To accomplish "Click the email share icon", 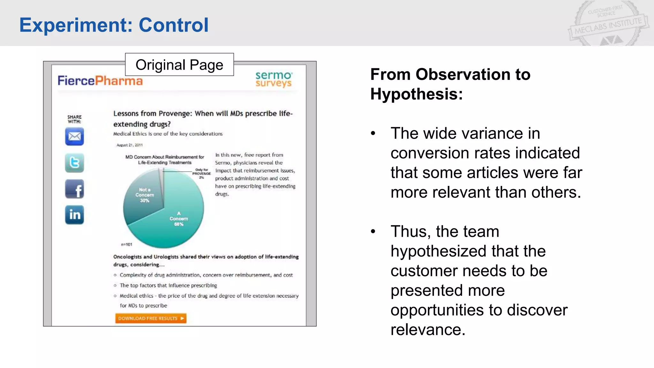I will pyautogui.click(x=74, y=136).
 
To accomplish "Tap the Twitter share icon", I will pyautogui.click(x=74, y=163).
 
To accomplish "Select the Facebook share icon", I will pyautogui.click(x=74, y=189).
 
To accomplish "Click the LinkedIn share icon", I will pyautogui.click(x=74, y=215).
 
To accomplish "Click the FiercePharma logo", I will pyautogui.click(x=100, y=80).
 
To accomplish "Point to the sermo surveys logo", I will pyautogui.click(x=273, y=79).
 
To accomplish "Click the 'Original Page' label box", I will pyautogui.click(x=179, y=65).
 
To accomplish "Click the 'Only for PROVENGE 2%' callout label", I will pyautogui.click(x=202, y=173).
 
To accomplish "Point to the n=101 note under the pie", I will pyautogui.click(x=126, y=244).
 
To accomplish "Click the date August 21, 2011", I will pyautogui.click(x=130, y=145).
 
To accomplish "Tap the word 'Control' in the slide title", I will pyautogui.click(x=174, y=25).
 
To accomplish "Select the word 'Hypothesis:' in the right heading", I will pyautogui.click(x=416, y=94).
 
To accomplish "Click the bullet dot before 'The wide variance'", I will pyautogui.click(x=373, y=134).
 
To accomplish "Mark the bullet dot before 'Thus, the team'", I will pyautogui.click(x=373, y=232).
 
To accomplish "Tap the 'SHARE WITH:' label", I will pyautogui.click(x=74, y=119).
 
